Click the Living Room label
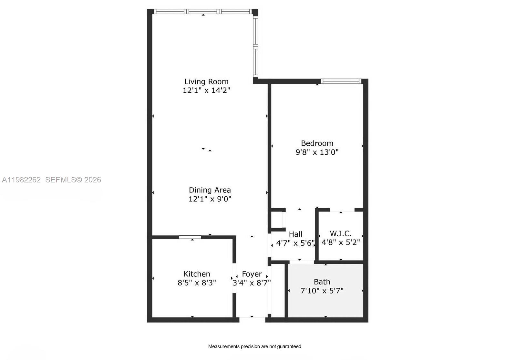click(206, 82)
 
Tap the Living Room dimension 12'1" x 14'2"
click(206, 90)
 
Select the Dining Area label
click(210, 190)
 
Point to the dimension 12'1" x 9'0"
click(210, 199)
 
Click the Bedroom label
click(317, 143)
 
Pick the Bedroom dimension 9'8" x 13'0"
click(317, 152)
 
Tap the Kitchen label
click(197, 274)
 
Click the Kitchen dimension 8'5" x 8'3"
click(197, 283)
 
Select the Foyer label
click(252, 274)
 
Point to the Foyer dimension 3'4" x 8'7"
click(252, 283)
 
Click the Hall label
click(295, 234)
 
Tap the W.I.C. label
click(341, 233)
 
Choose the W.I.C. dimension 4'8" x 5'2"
click(341, 242)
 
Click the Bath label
click(322, 282)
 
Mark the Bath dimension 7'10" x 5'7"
click(322, 291)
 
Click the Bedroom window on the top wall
click(341, 81)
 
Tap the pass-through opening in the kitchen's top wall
click(190, 237)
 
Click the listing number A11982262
click(21, 180)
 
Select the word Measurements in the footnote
click(224, 346)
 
